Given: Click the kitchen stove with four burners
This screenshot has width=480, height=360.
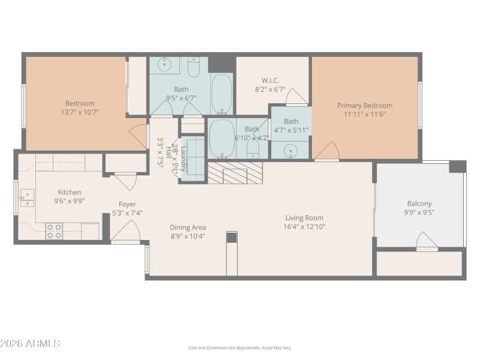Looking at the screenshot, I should [54, 231].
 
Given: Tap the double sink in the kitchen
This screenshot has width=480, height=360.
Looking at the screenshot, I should [26, 198].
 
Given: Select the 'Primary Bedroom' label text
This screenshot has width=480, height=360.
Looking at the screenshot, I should [364, 106].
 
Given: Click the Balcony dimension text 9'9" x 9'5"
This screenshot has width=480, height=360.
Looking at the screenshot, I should [419, 212].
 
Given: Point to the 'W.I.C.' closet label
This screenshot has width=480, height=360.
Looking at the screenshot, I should [270, 81].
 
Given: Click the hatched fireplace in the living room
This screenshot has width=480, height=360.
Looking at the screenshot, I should [235, 172].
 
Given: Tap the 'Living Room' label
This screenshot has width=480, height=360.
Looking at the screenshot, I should [304, 218].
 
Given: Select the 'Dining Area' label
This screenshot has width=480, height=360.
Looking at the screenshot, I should [188, 227].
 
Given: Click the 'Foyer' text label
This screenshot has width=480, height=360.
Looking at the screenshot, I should [127, 204].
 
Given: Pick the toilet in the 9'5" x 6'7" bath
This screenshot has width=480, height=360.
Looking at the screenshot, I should [193, 69].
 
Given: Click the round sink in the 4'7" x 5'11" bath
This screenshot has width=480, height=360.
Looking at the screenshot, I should [290, 150].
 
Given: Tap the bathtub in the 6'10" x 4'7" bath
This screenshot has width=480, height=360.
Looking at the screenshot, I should [222, 138].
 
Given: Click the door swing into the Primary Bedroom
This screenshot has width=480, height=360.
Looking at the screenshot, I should [327, 152].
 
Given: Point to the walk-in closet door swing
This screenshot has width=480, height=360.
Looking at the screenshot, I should [296, 97].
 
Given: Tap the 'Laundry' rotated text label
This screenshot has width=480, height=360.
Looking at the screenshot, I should [184, 159].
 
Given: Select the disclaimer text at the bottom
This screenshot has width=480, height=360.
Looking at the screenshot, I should [239, 347].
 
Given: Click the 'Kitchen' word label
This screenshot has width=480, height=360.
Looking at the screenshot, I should [69, 193].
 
